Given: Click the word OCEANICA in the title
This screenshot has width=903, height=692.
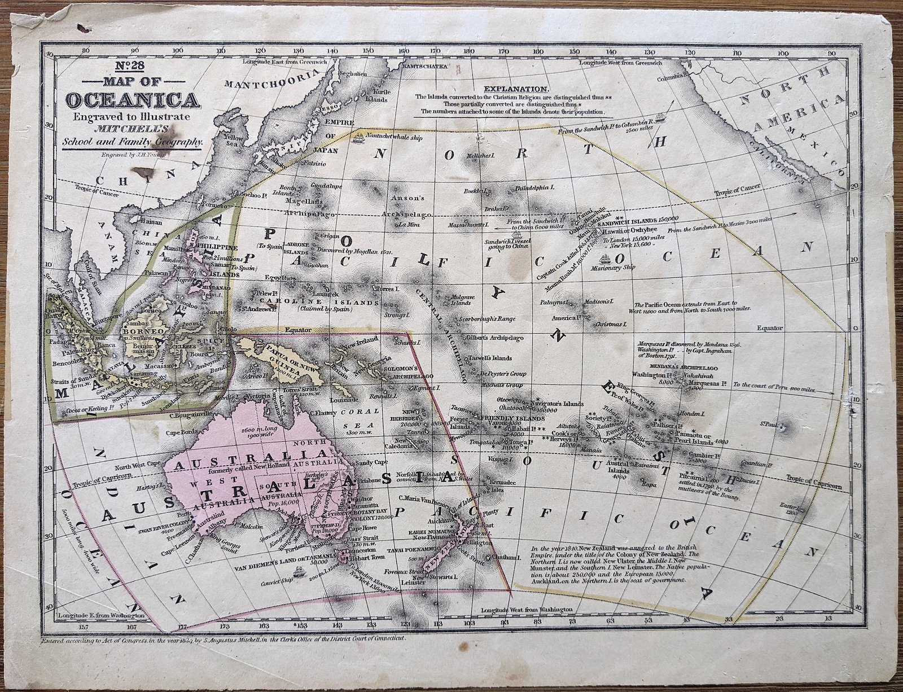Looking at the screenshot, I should click(x=133, y=100).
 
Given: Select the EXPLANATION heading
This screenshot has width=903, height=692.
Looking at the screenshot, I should click(x=516, y=89).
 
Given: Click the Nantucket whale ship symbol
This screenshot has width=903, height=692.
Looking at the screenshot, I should click(x=359, y=137).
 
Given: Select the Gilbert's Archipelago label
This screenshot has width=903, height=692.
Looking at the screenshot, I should click(x=497, y=338).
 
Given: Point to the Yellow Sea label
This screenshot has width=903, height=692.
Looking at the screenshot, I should click(x=233, y=141).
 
